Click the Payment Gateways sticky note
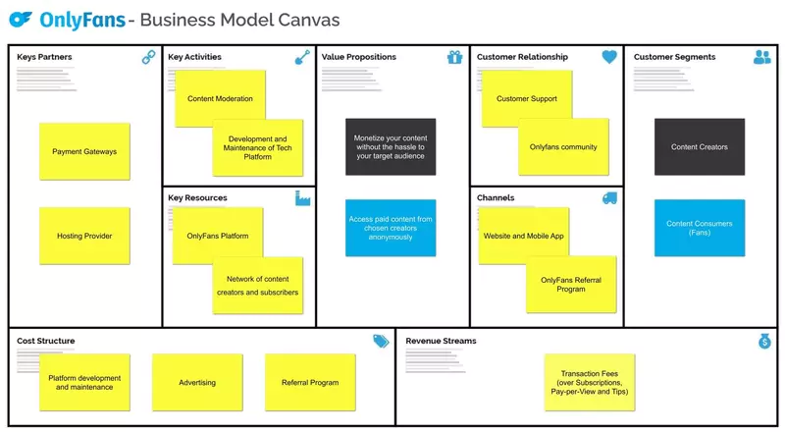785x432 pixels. coord(84,151)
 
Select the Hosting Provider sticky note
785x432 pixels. coord(84,236)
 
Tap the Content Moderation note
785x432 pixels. coord(220,98)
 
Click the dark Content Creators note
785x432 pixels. coord(699,147)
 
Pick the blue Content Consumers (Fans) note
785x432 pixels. coord(699,228)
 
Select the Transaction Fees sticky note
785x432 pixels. coord(590,382)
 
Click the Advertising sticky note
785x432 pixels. coord(197,382)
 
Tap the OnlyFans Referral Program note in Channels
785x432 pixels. coord(571,285)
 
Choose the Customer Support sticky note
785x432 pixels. coord(527,98)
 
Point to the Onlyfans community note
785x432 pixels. coord(563,147)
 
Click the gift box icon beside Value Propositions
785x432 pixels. coord(454,58)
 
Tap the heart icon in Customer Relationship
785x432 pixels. coord(609,58)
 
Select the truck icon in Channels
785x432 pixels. coord(609,198)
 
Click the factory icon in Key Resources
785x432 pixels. coord(302,198)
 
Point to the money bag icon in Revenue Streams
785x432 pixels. coord(764,341)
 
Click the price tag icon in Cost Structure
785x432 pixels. coord(381,341)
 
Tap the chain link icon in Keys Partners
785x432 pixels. coord(149,58)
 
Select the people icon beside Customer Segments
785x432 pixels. coord(762,58)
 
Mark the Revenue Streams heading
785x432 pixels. coord(441,341)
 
